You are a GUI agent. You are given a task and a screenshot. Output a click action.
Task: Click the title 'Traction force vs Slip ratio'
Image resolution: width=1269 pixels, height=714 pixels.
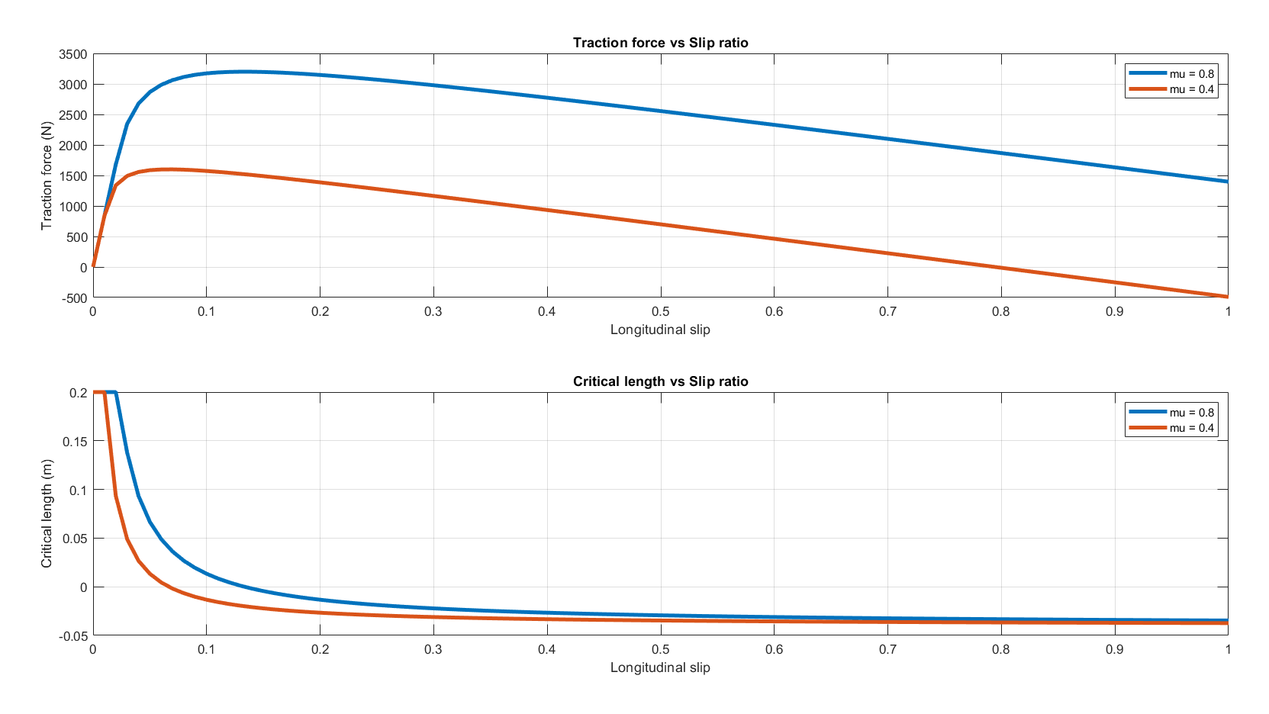click(x=660, y=43)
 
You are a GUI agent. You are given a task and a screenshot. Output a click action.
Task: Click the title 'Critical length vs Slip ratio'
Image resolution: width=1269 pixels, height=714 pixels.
click(x=660, y=381)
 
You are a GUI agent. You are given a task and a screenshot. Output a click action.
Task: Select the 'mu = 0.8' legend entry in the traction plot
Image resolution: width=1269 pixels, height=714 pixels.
click(x=1191, y=74)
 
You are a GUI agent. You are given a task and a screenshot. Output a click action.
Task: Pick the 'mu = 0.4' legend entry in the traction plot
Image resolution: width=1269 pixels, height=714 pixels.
click(x=1191, y=89)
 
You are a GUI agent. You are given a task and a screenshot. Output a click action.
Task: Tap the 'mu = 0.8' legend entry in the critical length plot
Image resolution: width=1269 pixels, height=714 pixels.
click(x=1191, y=413)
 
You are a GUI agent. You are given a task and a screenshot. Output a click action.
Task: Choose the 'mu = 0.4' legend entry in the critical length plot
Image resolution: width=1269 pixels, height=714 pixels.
click(x=1191, y=428)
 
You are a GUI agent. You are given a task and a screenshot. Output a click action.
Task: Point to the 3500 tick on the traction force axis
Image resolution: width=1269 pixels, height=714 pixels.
click(x=73, y=54)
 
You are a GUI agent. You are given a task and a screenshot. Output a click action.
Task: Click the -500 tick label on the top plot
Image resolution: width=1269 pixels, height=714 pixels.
click(x=74, y=298)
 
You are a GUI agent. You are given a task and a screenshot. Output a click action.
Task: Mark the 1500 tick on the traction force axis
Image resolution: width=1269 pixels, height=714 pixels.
click(x=73, y=176)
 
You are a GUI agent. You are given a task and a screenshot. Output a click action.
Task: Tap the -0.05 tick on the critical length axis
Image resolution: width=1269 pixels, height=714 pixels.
click(x=73, y=635)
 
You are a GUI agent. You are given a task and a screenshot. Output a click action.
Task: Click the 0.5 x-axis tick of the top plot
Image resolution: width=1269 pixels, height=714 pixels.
click(x=660, y=311)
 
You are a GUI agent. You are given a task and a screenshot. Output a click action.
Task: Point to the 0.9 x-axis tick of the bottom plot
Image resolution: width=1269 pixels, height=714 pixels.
click(x=1114, y=649)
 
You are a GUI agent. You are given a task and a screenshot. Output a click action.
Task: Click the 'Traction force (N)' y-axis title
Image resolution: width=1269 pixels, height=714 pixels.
click(x=47, y=175)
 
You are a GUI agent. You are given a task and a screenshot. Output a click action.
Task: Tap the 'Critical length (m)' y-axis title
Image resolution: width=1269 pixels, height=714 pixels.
click(x=47, y=513)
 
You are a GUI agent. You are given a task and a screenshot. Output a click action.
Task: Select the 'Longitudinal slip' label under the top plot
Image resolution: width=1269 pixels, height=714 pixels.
click(x=660, y=330)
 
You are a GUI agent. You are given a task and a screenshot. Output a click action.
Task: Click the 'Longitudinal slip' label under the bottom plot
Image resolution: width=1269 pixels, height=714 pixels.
click(x=660, y=667)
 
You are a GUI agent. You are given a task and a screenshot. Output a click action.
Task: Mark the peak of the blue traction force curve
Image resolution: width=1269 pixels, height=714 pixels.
click(x=244, y=72)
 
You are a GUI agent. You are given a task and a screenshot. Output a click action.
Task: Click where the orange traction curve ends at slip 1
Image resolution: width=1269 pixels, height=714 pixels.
click(x=1227, y=297)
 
